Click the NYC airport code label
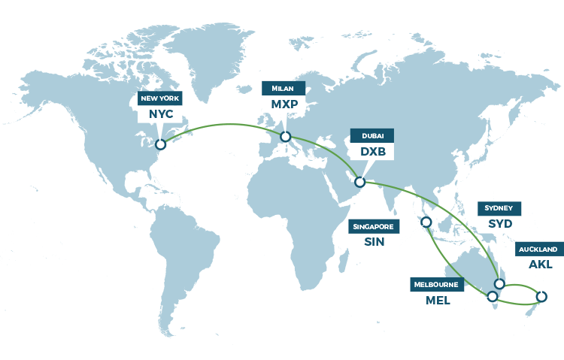(x=160, y=113)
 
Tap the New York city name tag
(x=160, y=98)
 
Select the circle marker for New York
(x=160, y=144)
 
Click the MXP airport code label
(x=284, y=103)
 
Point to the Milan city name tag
(x=284, y=88)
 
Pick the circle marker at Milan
(x=285, y=137)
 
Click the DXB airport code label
(x=372, y=150)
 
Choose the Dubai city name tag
(x=372, y=135)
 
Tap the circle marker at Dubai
(x=359, y=182)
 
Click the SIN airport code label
(x=373, y=241)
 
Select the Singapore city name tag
(x=373, y=226)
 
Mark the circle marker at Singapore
(x=426, y=222)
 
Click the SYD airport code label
(x=499, y=223)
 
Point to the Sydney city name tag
(x=499, y=208)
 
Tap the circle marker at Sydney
(x=499, y=283)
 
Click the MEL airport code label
(x=437, y=300)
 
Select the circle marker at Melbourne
(x=493, y=296)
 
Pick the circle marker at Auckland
(x=541, y=296)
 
